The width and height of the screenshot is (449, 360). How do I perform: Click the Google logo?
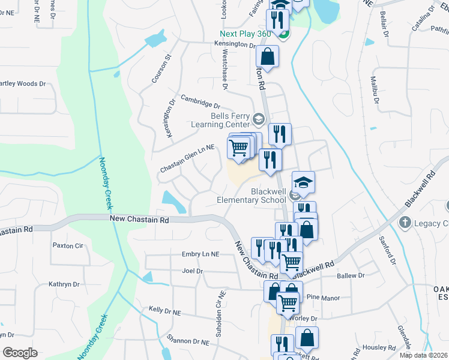click(20, 352)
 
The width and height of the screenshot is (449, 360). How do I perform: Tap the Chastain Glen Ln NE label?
click(187, 159)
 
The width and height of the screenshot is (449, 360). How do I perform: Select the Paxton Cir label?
click(67, 245)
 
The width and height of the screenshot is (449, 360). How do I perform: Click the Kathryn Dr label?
click(64, 284)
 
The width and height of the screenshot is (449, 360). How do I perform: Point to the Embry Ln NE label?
click(200, 254)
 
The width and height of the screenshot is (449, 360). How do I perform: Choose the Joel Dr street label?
click(192, 271)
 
